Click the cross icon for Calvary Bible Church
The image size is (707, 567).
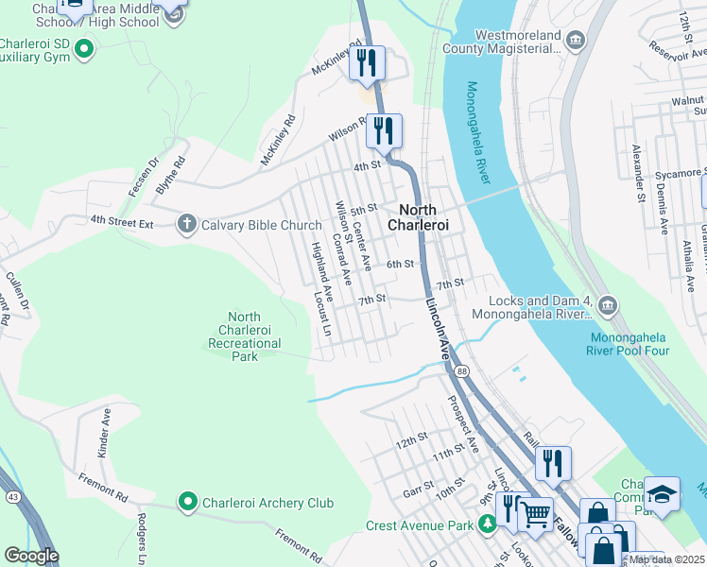tap(187, 224)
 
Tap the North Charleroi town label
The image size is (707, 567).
tap(417, 217)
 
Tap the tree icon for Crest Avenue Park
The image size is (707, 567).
tap(487, 524)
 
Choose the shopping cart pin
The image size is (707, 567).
tap(535, 514)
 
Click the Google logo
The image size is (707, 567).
tap(31, 556)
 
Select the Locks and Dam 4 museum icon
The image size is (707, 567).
tap(607, 304)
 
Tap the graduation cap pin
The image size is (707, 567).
tap(662, 493)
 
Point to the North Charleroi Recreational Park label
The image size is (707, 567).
tap(245, 336)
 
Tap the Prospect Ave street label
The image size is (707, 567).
tap(464, 429)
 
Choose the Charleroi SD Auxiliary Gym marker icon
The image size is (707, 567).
tap(83, 47)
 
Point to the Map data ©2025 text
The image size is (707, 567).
tap(667, 559)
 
